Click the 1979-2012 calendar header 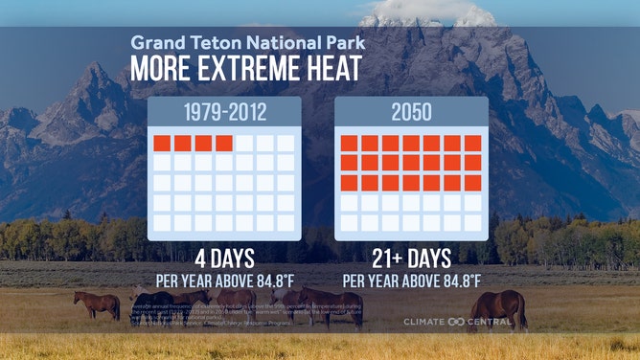tap(224, 113)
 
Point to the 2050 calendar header tap(411, 113)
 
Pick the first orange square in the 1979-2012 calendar tap(162, 144)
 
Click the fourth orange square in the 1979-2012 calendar tap(224, 144)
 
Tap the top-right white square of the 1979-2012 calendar tap(286, 144)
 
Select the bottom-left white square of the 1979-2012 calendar tap(162, 222)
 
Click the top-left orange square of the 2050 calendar tap(349, 144)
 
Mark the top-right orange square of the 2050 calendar tap(472, 144)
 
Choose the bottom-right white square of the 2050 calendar tap(472, 222)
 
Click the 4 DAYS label tap(224, 259)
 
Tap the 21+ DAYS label tap(411, 259)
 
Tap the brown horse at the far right tap(499, 306)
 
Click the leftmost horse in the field tap(97, 304)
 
